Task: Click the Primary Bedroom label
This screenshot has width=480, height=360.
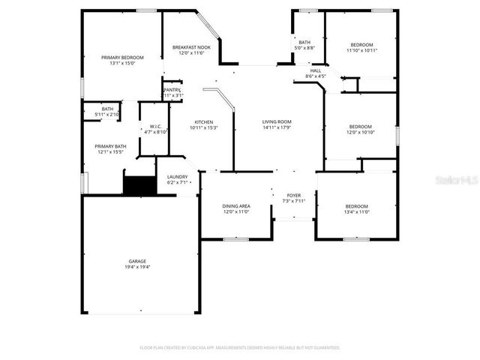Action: click(x=122, y=57)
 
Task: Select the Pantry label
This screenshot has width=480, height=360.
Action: click(x=172, y=90)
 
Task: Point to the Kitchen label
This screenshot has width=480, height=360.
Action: click(x=204, y=121)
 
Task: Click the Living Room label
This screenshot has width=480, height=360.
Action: click(x=277, y=121)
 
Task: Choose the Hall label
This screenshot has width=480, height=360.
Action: click(x=316, y=70)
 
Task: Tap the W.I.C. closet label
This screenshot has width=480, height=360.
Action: click(x=156, y=126)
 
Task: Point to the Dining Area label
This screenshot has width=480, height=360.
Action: click(x=235, y=205)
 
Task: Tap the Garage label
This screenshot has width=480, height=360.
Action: click(x=137, y=261)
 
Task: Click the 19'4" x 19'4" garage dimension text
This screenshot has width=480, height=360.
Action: click(x=137, y=267)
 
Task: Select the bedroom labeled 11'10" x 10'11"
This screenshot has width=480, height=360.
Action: click(x=361, y=45)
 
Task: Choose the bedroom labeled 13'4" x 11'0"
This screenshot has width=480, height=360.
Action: click(x=357, y=206)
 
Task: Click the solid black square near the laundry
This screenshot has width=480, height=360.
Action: click(x=138, y=185)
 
